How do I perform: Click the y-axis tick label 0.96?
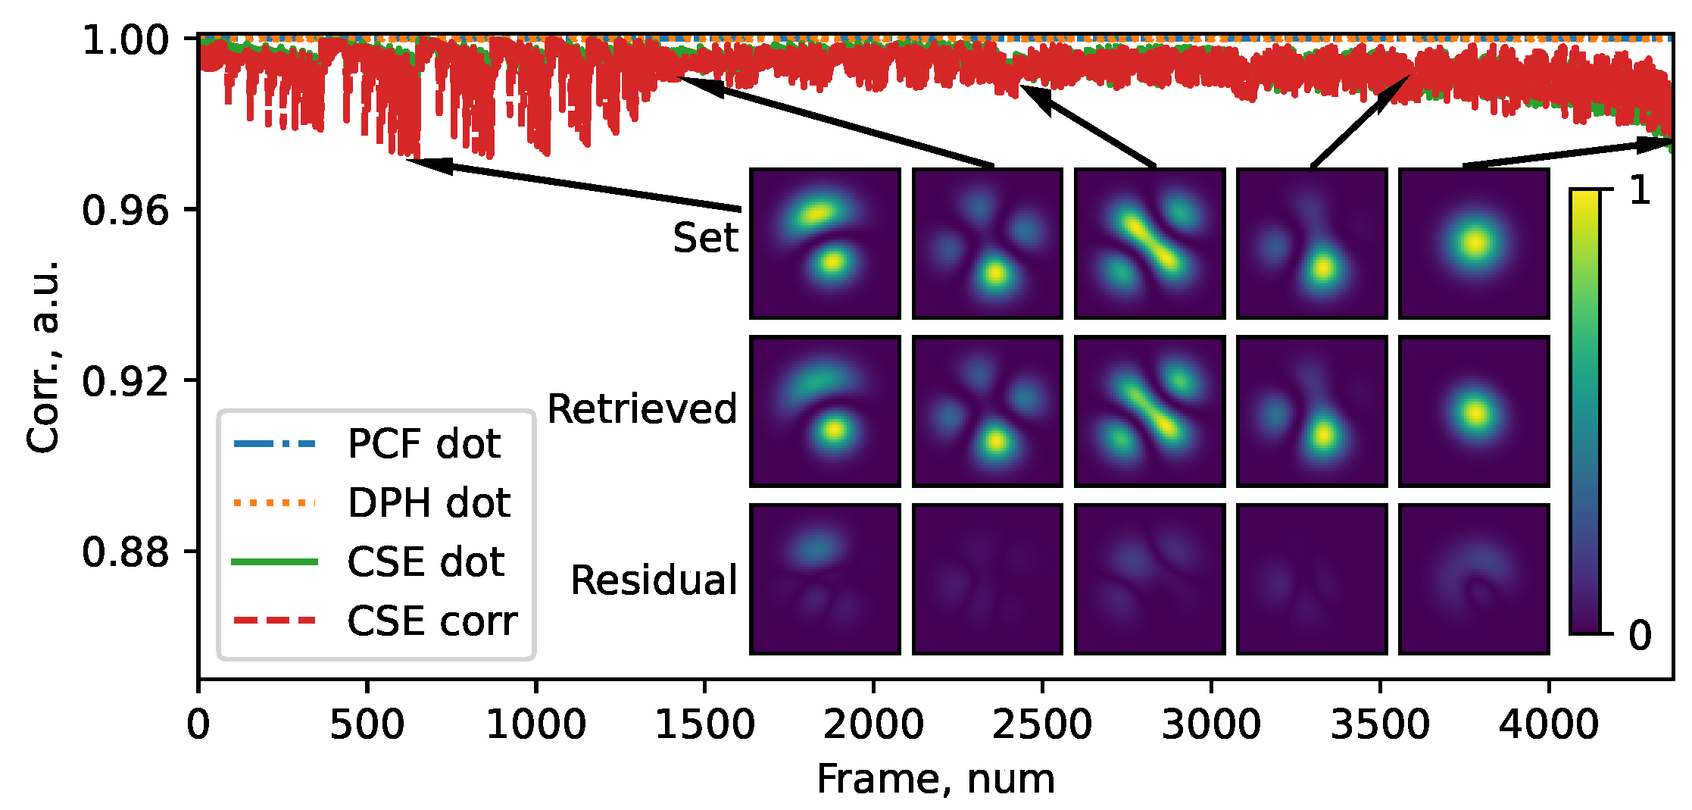point(125,210)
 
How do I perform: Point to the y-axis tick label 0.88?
point(125,552)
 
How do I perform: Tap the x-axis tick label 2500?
point(1042,725)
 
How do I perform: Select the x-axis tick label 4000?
point(1549,725)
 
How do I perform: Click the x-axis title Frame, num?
point(935,779)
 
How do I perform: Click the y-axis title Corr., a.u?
point(42,356)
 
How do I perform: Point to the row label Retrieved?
point(642,409)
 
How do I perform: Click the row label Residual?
point(654,580)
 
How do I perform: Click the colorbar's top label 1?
point(1639,190)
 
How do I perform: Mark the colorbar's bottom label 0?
point(1639,635)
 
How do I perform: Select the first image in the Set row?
point(825,243)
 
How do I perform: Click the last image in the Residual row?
point(1474,579)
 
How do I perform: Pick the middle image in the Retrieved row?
point(1150,411)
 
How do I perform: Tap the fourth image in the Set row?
point(1312,243)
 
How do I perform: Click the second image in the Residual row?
point(988,579)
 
